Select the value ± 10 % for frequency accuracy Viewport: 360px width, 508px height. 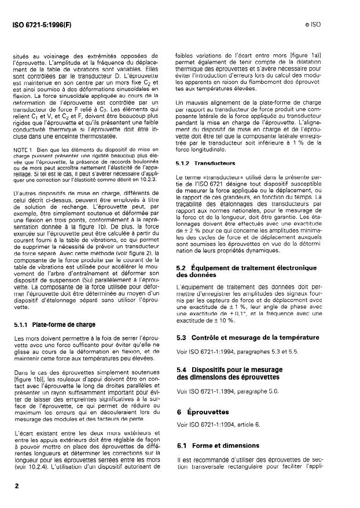click(x=229, y=319)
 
